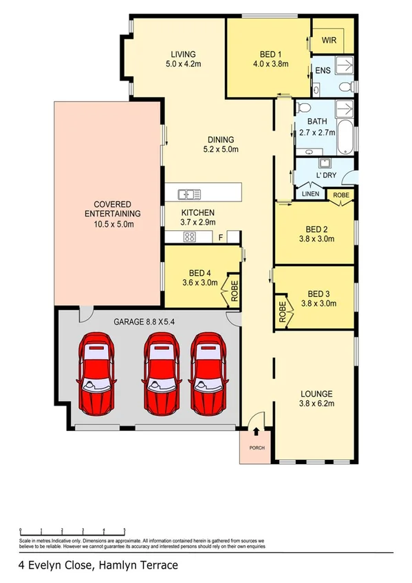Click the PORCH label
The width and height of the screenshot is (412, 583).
256,449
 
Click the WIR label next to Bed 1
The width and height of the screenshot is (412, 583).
329,41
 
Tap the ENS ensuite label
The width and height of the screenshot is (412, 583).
322,70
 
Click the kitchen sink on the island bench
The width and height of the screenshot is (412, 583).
188,194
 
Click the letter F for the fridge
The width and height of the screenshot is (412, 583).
220,237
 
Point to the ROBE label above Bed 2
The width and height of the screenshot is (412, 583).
340,195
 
